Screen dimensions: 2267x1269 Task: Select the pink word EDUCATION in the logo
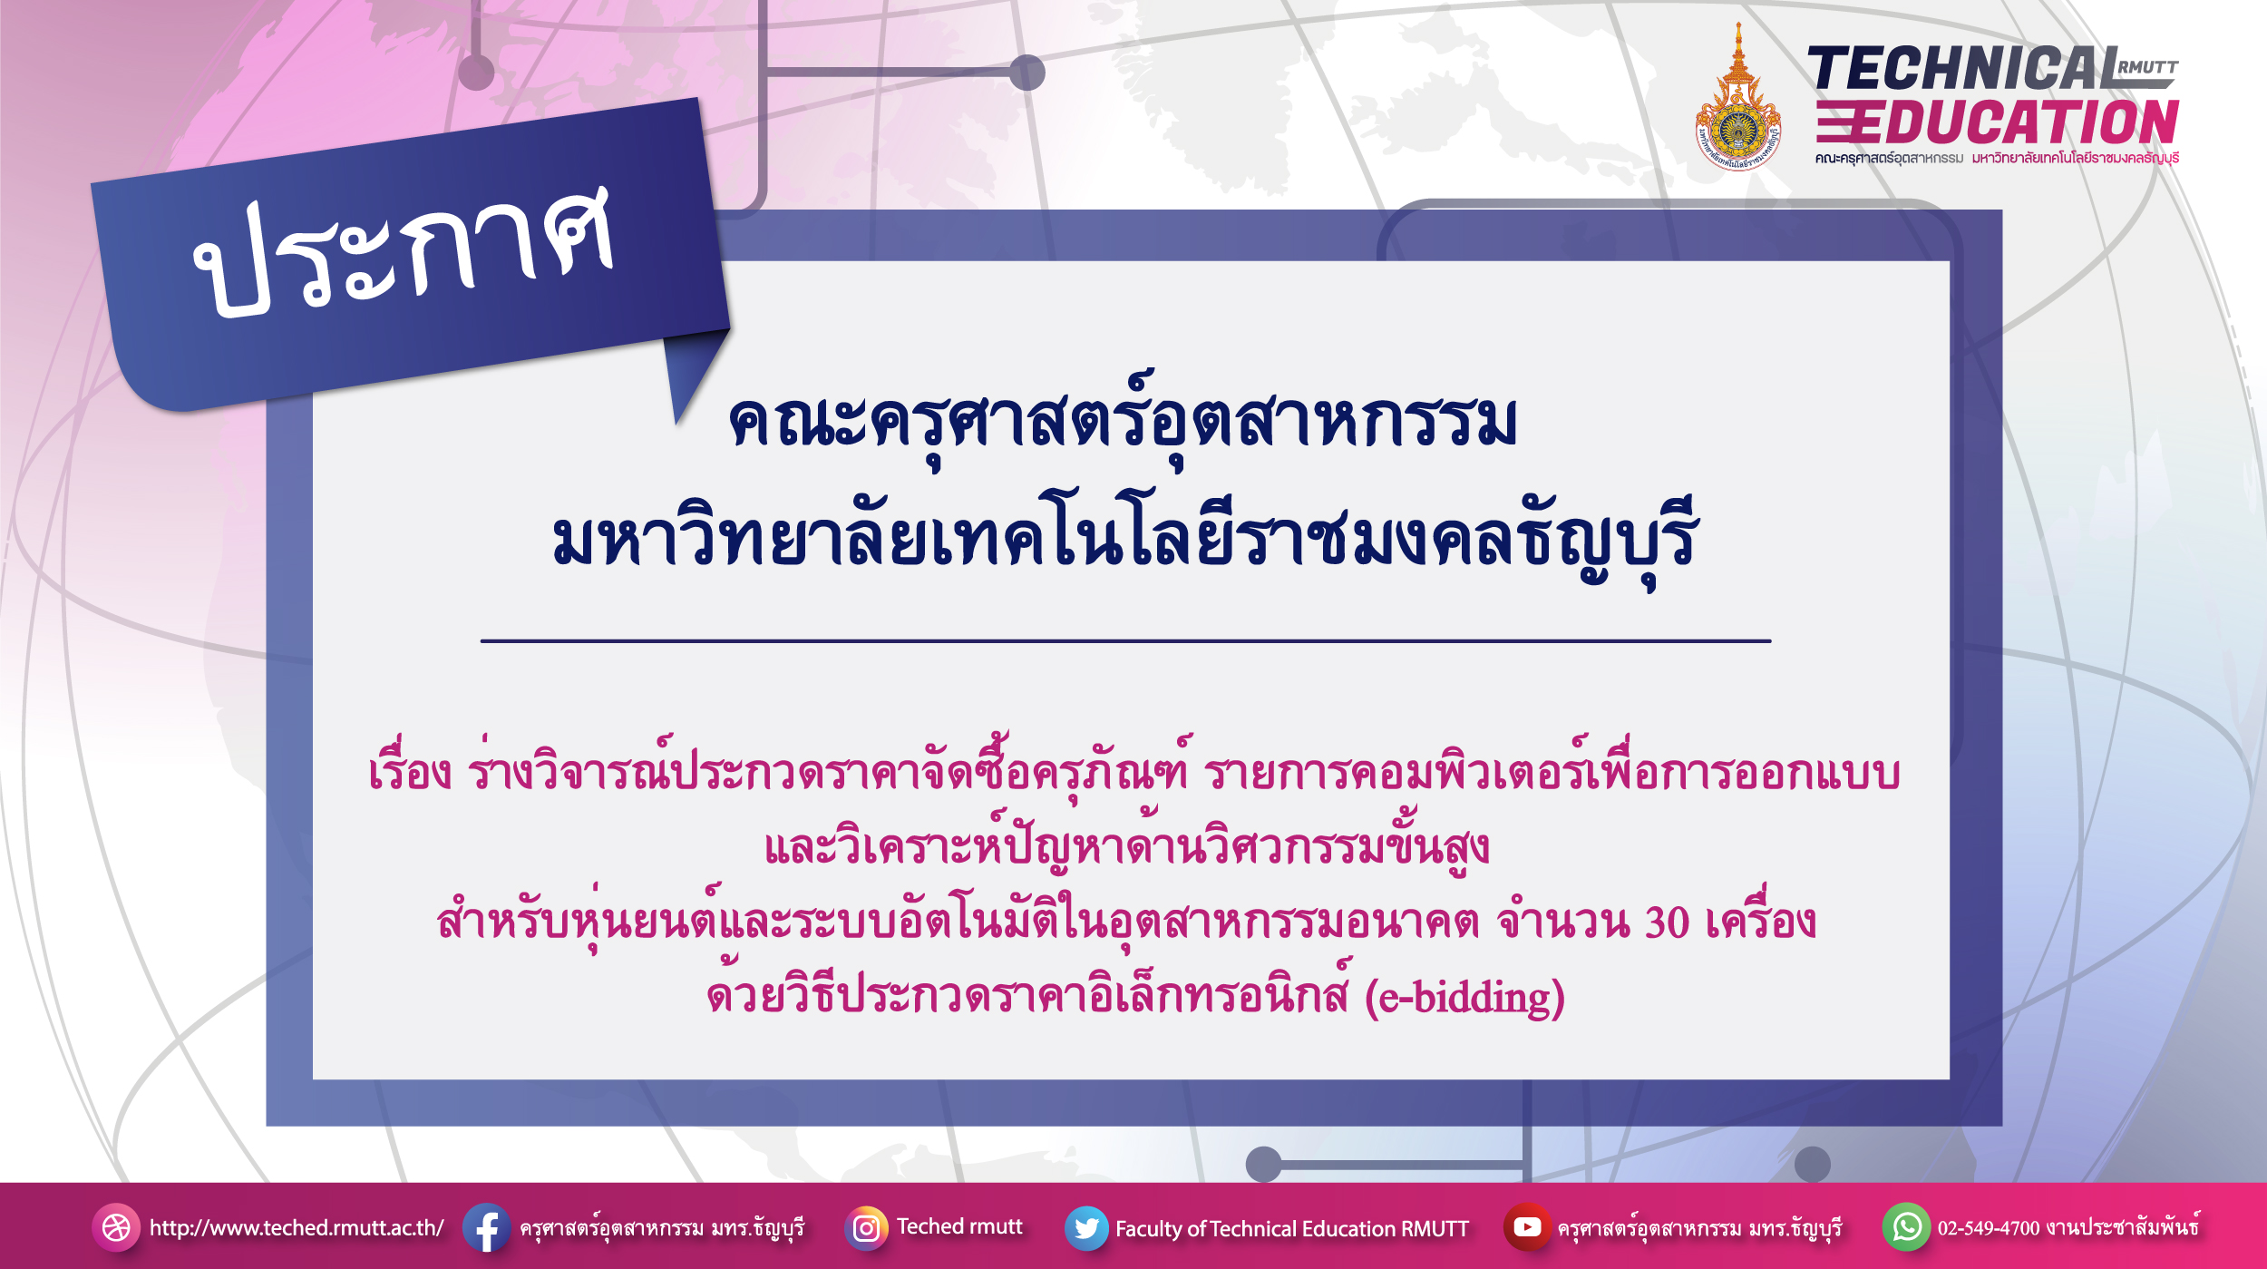tap(2014, 122)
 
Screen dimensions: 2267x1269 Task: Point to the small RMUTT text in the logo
tap(2147, 67)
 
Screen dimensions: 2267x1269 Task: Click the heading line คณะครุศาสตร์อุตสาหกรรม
tap(1123, 421)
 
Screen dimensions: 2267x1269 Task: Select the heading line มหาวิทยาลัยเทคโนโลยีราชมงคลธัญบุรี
tap(1124, 540)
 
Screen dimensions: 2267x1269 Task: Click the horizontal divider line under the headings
tap(1125, 641)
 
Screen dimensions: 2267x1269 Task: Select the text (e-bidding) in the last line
tap(1465, 998)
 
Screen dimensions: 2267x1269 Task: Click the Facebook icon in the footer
tap(486, 1227)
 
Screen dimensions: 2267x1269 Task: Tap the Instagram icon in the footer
tap(866, 1228)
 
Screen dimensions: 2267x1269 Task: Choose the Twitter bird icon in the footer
tap(1086, 1228)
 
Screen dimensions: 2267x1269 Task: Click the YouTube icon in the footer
tap(1527, 1227)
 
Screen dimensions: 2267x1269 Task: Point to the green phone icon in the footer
tap(1906, 1227)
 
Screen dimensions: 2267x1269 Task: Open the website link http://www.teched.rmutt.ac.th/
tap(297, 1228)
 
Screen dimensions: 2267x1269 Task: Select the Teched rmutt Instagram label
tap(959, 1226)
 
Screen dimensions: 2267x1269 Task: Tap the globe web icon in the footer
tap(116, 1228)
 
